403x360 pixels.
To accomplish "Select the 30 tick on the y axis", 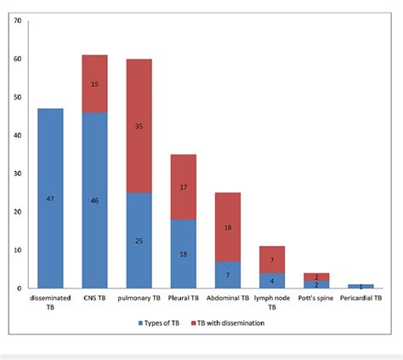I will [x=18, y=174].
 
